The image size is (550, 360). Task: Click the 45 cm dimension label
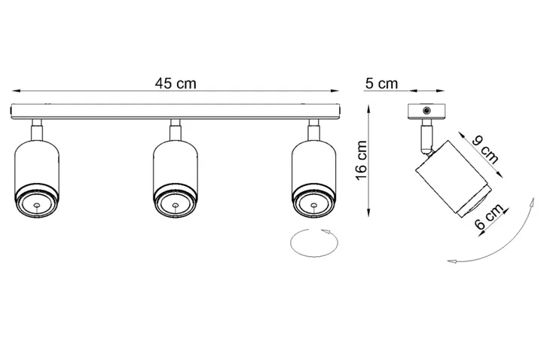[176, 84]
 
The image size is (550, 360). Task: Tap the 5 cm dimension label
[380, 84]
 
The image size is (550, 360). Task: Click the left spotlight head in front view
[35, 178]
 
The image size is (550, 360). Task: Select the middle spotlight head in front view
[175, 178]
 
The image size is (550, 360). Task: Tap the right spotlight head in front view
[311, 178]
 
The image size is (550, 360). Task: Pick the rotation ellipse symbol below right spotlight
[315, 243]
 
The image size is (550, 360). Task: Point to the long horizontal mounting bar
[176, 111]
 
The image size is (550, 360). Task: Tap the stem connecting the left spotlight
[35, 129]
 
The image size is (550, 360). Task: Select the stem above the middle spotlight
[174, 129]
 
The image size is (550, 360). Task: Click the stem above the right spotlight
[311, 129]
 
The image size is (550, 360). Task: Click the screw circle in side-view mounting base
[427, 111]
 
